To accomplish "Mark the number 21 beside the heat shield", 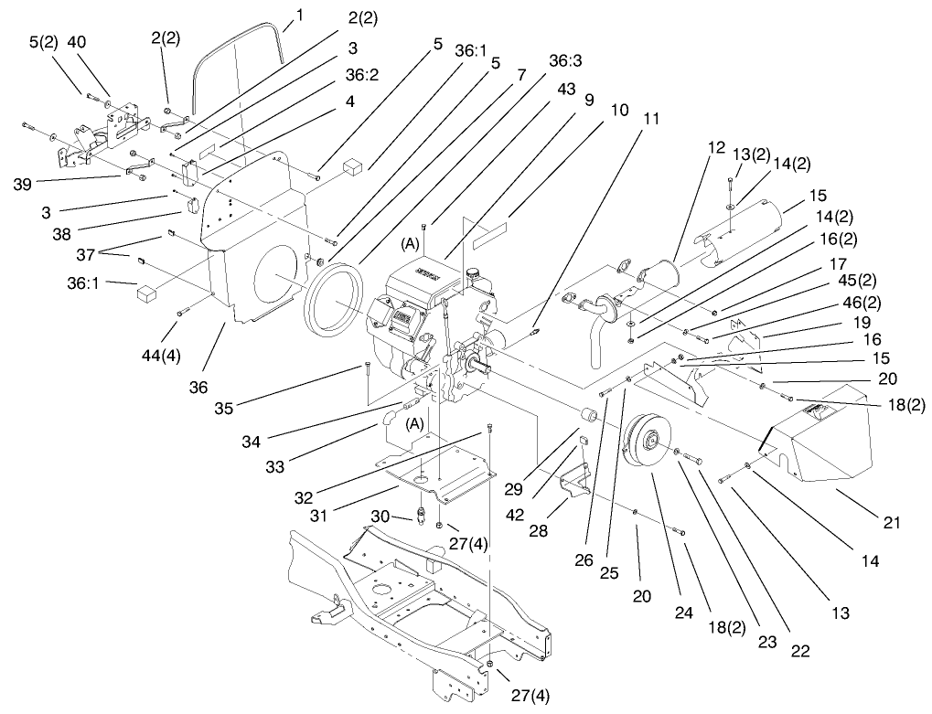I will pyautogui.click(x=892, y=523).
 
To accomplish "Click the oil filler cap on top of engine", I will pyautogui.click(x=474, y=272).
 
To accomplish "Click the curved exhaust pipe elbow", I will pyautogui.click(x=595, y=338).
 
